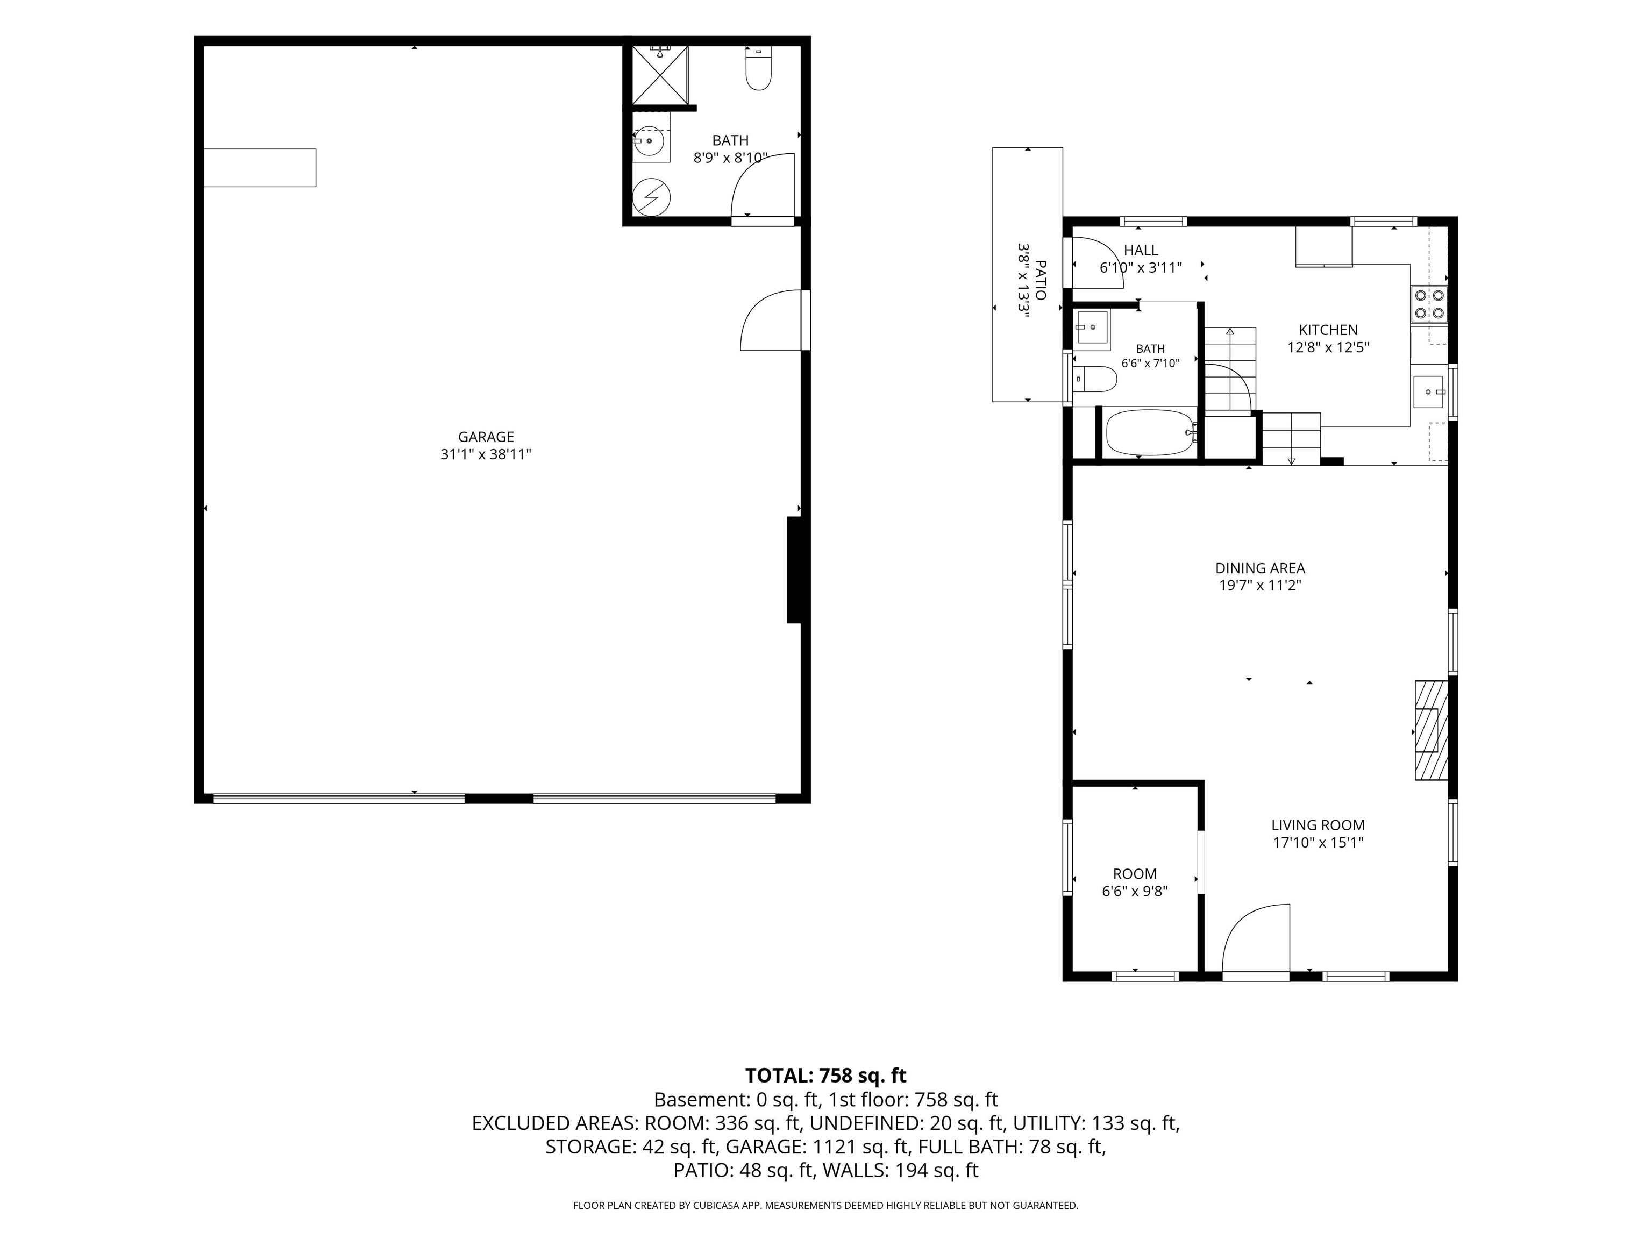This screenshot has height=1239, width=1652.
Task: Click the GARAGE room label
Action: [x=486, y=437]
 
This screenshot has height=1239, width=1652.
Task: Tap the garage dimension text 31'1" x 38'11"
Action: [x=486, y=454]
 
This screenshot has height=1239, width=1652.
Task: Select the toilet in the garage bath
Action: [x=759, y=69]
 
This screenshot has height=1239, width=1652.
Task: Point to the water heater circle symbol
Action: [x=651, y=197]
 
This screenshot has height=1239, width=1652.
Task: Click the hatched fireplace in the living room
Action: [x=1432, y=730]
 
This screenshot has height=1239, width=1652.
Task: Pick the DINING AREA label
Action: [x=1260, y=568]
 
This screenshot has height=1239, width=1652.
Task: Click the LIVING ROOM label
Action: [x=1318, y=825]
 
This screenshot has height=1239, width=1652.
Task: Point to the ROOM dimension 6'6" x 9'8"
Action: [x=1135, y=891]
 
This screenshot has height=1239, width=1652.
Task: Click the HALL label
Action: [x=1141, y=250]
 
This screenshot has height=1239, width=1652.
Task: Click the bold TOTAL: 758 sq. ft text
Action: [x=825, y=1076]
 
